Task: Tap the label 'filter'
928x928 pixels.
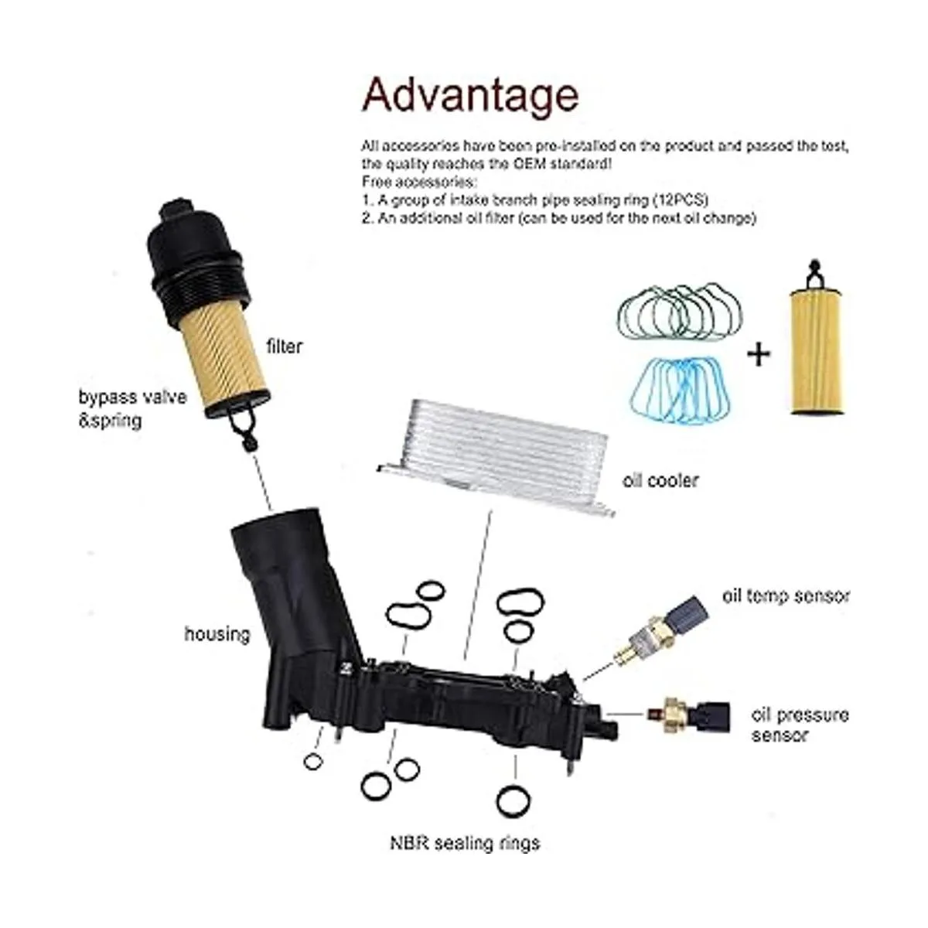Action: coord(284,346)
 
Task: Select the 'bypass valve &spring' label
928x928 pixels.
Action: coord(132,409)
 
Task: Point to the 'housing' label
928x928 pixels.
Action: coord(217,634)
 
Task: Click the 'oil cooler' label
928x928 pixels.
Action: coord(660,480)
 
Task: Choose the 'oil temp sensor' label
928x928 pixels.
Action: coord(786,595)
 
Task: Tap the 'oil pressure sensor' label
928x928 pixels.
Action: coord(800,725)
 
